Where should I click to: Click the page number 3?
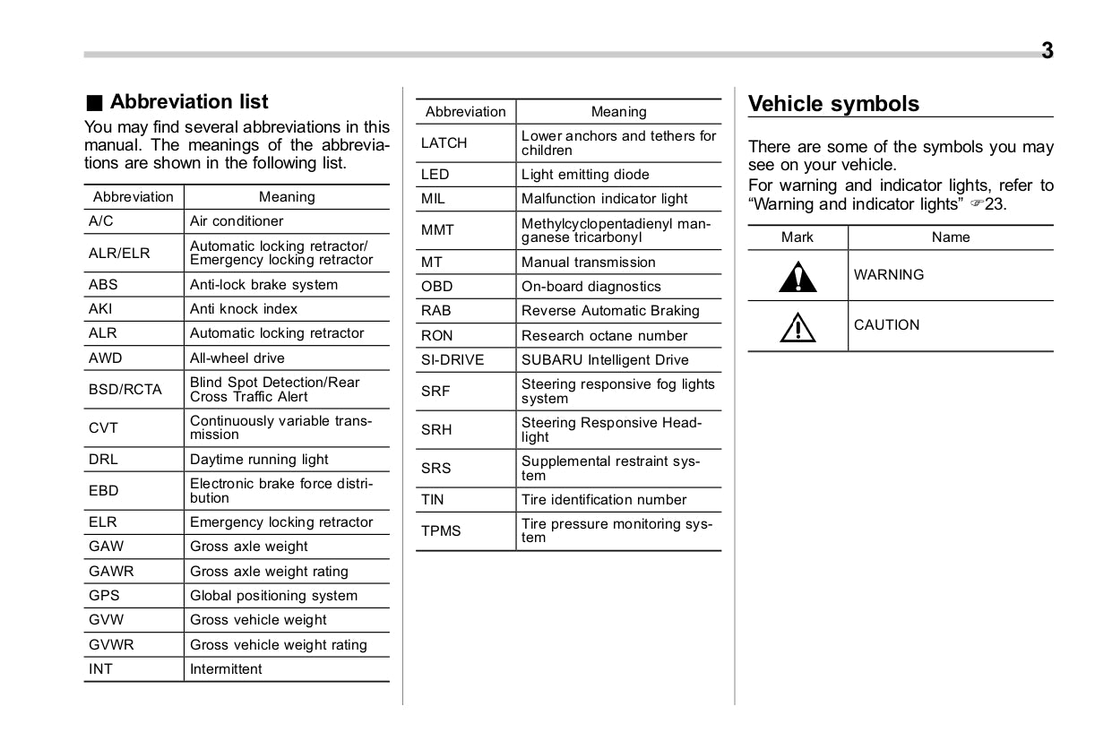pos(1047,51)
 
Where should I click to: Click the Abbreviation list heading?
pos(188,102)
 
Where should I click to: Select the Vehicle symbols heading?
pos(833,104)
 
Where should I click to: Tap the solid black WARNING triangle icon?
pos(797,276)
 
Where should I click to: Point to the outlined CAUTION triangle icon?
pos(797,327)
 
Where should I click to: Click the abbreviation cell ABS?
pos(103,285)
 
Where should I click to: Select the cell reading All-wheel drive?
pos(237,358)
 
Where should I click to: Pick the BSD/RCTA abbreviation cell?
pos(125,390)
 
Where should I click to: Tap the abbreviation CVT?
pos(103,428)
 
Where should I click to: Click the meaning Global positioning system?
pos(273,596)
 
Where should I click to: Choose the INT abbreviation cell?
pos(101,669)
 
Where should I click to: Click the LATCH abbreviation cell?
pos(444,143)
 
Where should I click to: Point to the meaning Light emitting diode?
pos(585,175)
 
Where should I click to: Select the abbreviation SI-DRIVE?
pos(453,360)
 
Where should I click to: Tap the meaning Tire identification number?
pos(604,500)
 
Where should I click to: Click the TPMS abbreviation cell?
pos(441,531)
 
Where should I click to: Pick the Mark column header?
pos(797,237)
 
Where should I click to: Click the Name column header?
pos(951,237)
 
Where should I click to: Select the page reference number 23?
pos(995,204)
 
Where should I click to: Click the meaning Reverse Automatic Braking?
pos(610,311)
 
